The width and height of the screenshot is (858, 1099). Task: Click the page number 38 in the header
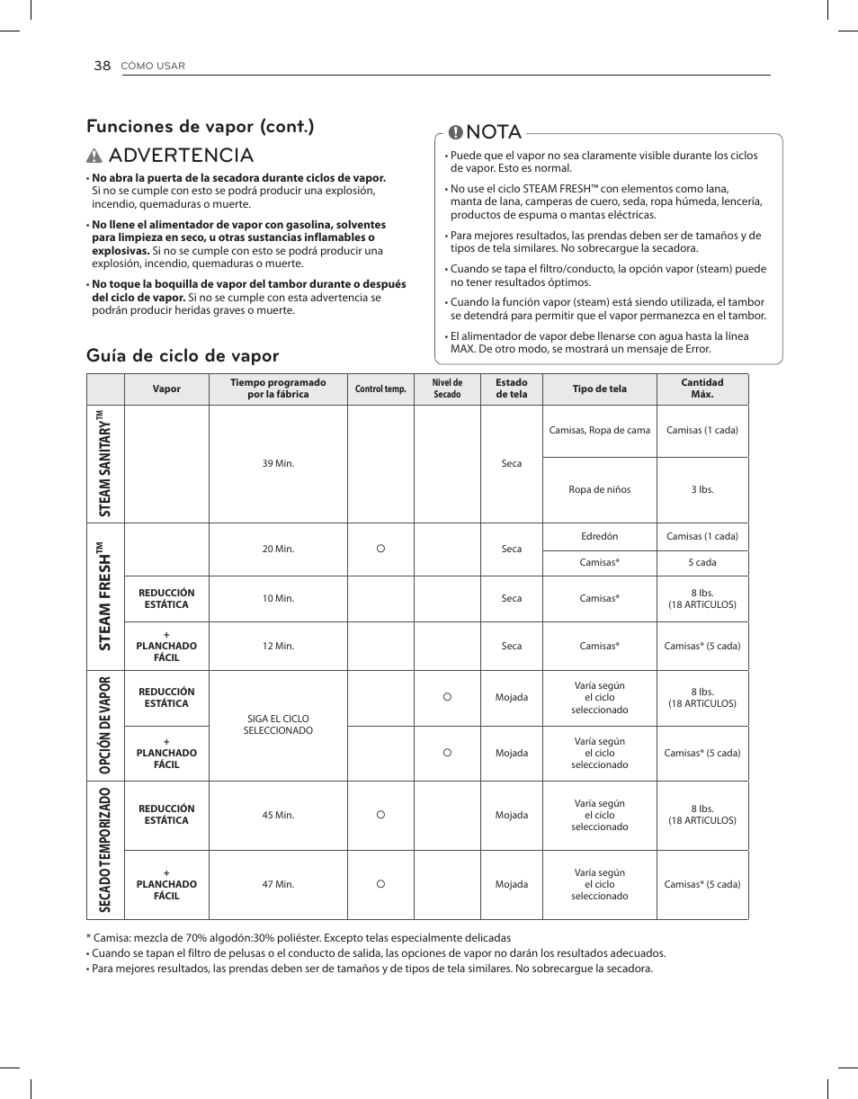coord(101,66)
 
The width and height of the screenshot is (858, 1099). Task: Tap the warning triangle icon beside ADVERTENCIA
coord(95,156)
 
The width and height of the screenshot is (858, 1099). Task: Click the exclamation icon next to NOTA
coord(455,132)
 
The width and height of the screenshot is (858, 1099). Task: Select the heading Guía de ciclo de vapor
coord(183,355)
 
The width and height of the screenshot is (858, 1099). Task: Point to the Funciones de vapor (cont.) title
coord(201,126)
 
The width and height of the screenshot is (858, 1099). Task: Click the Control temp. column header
coord(380,389)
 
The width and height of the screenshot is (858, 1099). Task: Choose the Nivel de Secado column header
coord(447,389)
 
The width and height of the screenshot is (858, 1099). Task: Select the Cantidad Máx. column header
coord(702,389)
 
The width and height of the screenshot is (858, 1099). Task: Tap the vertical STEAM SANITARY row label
coord(105,463)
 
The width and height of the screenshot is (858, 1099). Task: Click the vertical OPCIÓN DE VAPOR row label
coord(105,725)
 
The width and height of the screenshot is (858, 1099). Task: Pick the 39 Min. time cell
coord(278,463)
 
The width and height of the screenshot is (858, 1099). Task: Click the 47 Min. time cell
coord(278,884)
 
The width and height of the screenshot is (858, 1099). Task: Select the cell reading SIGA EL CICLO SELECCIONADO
coord(278,725)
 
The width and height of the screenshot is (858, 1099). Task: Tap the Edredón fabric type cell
coord(599,536)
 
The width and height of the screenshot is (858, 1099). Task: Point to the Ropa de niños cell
coord(599,489)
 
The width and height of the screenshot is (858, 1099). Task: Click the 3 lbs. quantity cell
coord(702,489)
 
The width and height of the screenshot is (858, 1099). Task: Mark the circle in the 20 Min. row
coord(380,548)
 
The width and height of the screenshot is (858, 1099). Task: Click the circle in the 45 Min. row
coord(380,814)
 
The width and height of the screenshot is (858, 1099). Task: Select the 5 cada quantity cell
coord(702,562)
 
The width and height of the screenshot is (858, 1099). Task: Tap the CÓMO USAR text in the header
coord(153,67)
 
